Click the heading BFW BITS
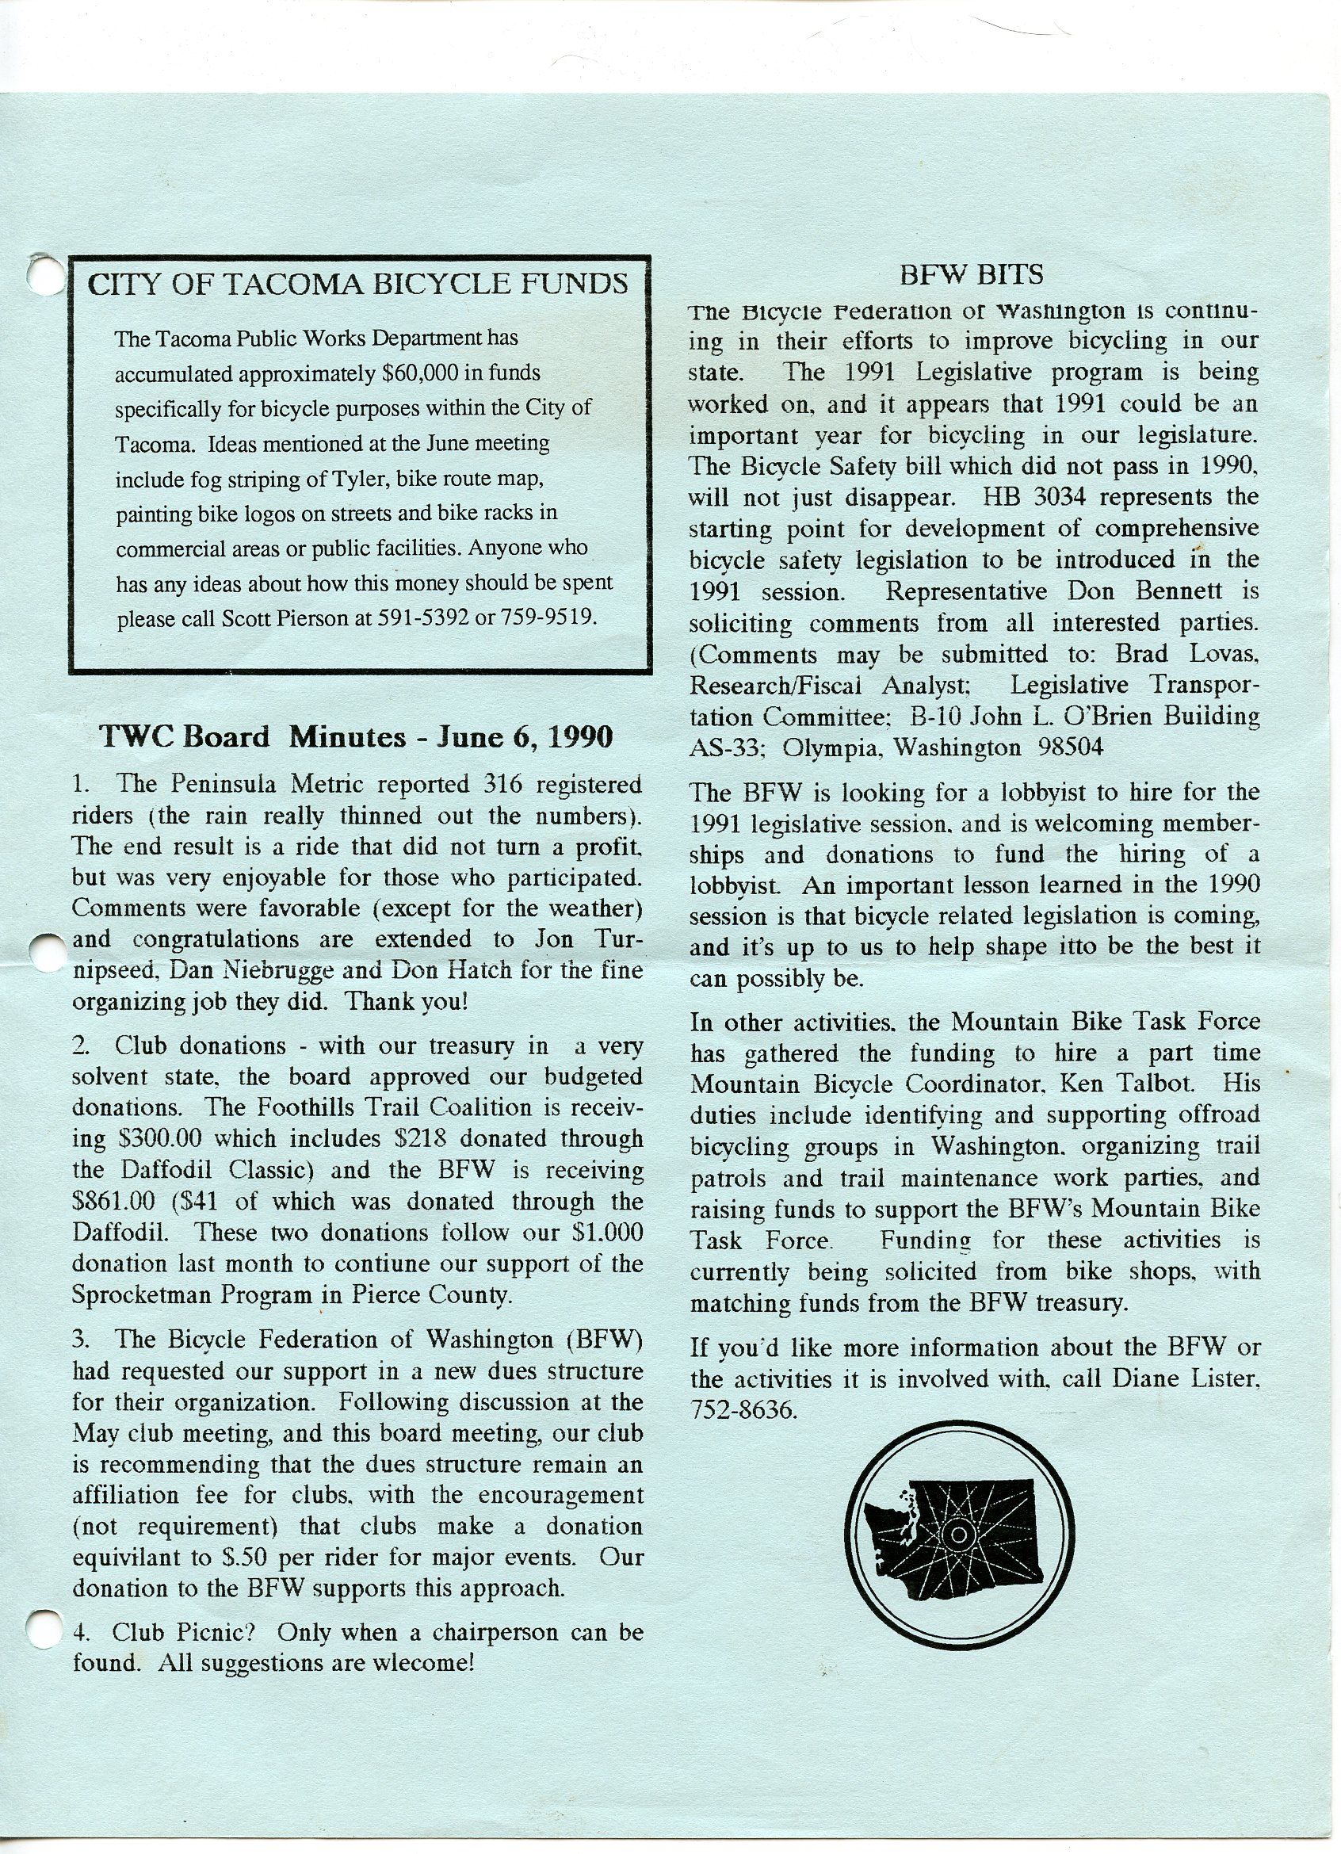coord(971,275)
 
